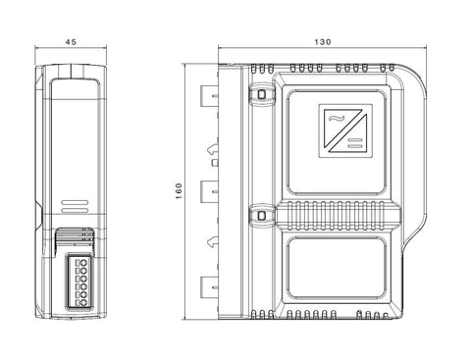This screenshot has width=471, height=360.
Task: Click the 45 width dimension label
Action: click(x=71, y=42)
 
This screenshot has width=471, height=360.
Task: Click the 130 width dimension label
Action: click(x=323, y=42)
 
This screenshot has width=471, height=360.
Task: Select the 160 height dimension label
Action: click(x=179, y=191)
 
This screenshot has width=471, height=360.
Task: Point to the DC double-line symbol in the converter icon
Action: click(x=355, y=143)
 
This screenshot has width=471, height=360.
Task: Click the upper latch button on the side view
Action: click(x=261, y=94)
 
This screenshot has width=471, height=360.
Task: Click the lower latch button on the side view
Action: click(x=261, y=216)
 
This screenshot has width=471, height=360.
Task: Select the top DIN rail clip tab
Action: click(x=209, y=96)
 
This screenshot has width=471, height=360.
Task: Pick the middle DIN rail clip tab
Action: click(x=209, y=191)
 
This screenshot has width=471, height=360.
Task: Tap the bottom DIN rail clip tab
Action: click(x=209, y=287)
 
